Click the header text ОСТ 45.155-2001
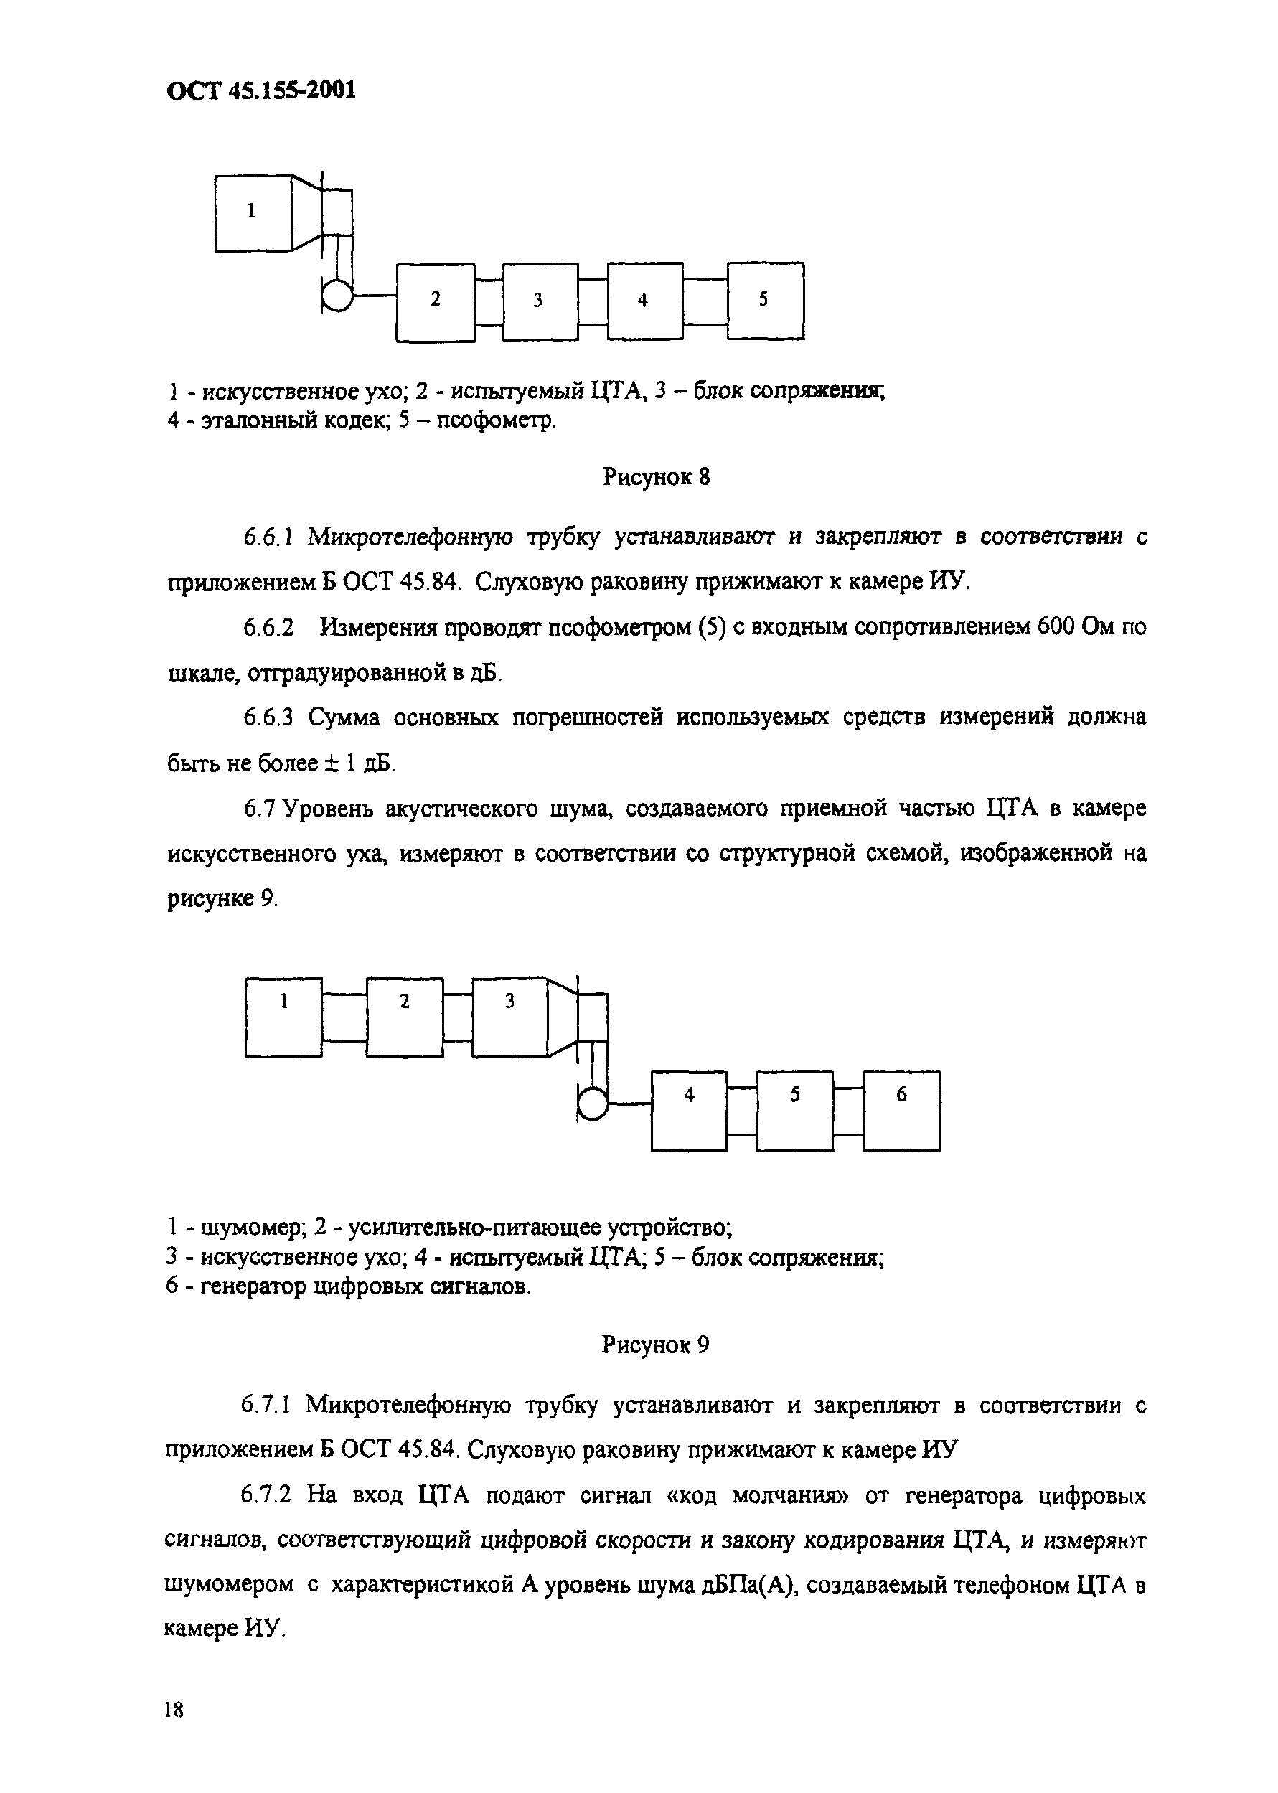261,90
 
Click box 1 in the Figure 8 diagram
253,212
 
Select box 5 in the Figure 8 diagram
765,301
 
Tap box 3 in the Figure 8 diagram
540,301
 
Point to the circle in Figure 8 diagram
337,296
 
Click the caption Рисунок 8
656,476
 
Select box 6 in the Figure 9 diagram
901,1111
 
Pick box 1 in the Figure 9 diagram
283,1017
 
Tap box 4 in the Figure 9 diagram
689,1111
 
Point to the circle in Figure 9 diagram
593,1106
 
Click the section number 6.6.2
268,628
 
